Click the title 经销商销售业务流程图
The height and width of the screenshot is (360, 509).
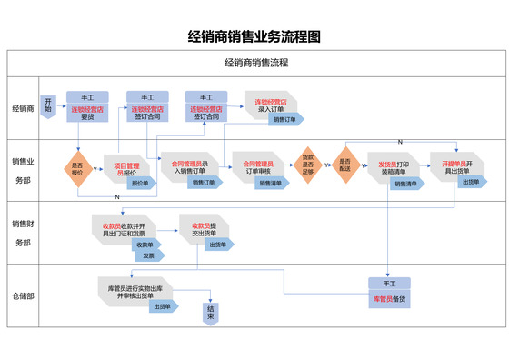point(254,37)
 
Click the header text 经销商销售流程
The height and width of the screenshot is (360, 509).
point(255,64)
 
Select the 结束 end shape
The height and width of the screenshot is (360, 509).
point(211,313)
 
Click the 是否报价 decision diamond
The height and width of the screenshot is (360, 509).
point(77,167)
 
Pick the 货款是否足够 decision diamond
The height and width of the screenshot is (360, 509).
point(308,164)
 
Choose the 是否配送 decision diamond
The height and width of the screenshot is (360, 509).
point(344,164)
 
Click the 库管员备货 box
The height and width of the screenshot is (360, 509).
point(389,299)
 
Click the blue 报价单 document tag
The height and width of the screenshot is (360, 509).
point(139,183)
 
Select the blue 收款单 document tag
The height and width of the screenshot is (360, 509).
point(145,245)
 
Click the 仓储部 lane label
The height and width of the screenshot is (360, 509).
point(24,296)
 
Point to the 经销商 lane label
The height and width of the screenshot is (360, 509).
point(24,108)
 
